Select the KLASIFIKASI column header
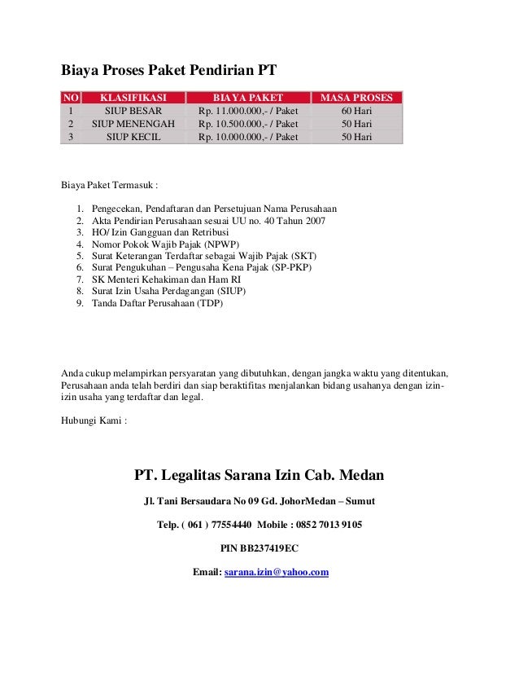click(133, 98)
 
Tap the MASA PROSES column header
click(356, 98)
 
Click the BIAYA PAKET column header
click(242, 98)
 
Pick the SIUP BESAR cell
click(133, 111)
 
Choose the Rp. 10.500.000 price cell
click(242, 124)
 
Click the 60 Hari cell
click(356, 111)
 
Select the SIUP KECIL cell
click(133, 137)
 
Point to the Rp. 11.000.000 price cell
click(242, 111)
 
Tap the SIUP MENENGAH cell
click(133, 124)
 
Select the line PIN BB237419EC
click(259, 548)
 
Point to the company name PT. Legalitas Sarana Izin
click(259, 475)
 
